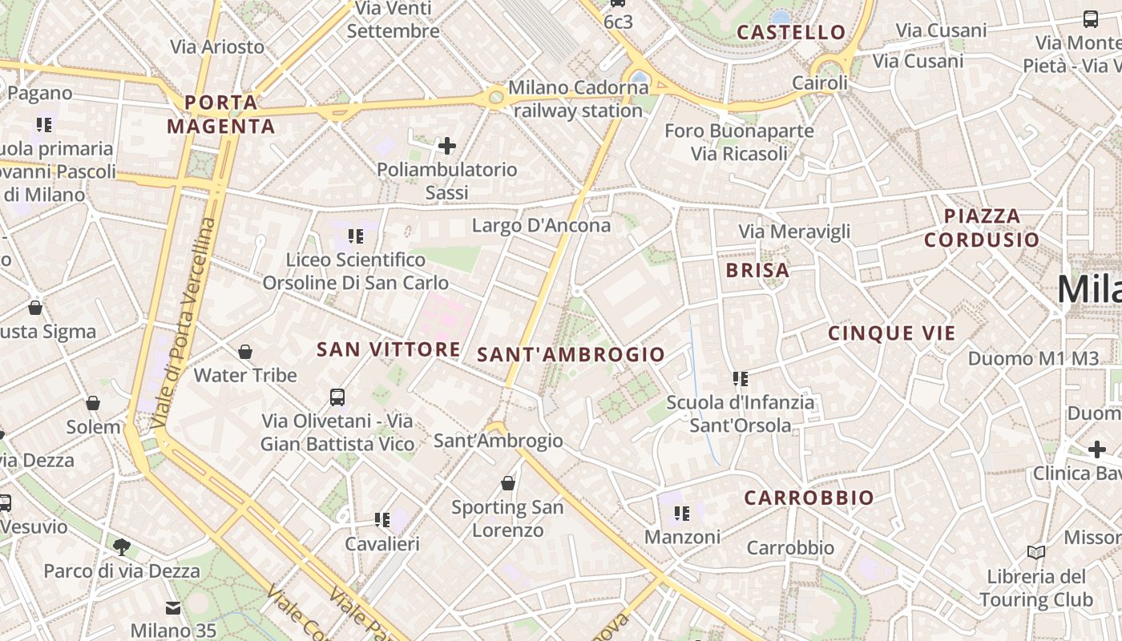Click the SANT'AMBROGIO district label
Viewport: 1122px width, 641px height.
(571, 354)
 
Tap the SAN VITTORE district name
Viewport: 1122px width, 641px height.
(389, 349)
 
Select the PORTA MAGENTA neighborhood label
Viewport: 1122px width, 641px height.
(221, 114)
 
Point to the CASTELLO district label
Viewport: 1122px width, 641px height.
(791, 32)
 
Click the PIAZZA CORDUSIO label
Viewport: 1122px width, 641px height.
(982, 228)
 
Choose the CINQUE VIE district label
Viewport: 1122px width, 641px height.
(892, 333)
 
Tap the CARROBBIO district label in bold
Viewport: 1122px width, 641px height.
(809, 498)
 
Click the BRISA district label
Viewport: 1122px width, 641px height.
(757, 270)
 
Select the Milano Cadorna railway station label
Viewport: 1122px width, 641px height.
(578, 99)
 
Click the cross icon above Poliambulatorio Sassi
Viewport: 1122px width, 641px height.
(447, 146)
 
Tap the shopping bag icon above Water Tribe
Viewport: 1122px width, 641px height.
(245, 352)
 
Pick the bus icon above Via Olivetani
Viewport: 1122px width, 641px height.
(337, 397)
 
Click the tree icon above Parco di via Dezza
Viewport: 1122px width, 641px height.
(122, 547)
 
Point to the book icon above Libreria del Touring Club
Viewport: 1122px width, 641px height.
(1036, 552)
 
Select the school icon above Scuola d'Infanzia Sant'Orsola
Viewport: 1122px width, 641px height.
(740, 378)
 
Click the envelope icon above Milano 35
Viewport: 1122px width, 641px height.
(173, 607)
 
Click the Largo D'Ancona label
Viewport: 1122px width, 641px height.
(541, 225)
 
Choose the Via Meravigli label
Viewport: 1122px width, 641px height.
(794, 232)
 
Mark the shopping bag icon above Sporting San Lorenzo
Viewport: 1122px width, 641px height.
(507, 483)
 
